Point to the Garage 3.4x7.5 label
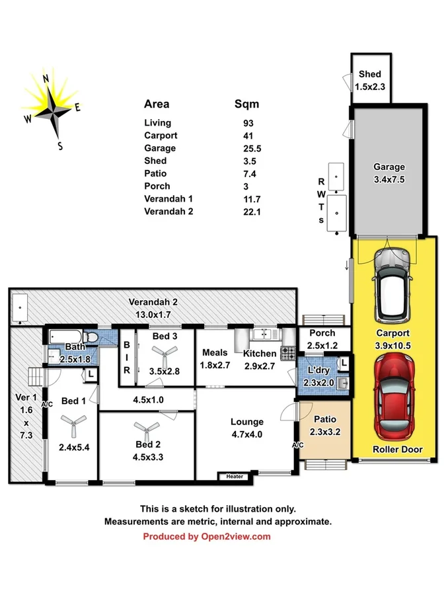coord(389,173)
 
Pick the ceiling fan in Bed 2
coord(147,428)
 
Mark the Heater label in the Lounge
coord(235,476)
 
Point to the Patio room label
coord(324,424)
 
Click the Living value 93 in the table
coord(248,123)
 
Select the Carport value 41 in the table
coord(248,136)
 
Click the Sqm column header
coord(247,104)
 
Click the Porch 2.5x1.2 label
coord(322,338)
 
